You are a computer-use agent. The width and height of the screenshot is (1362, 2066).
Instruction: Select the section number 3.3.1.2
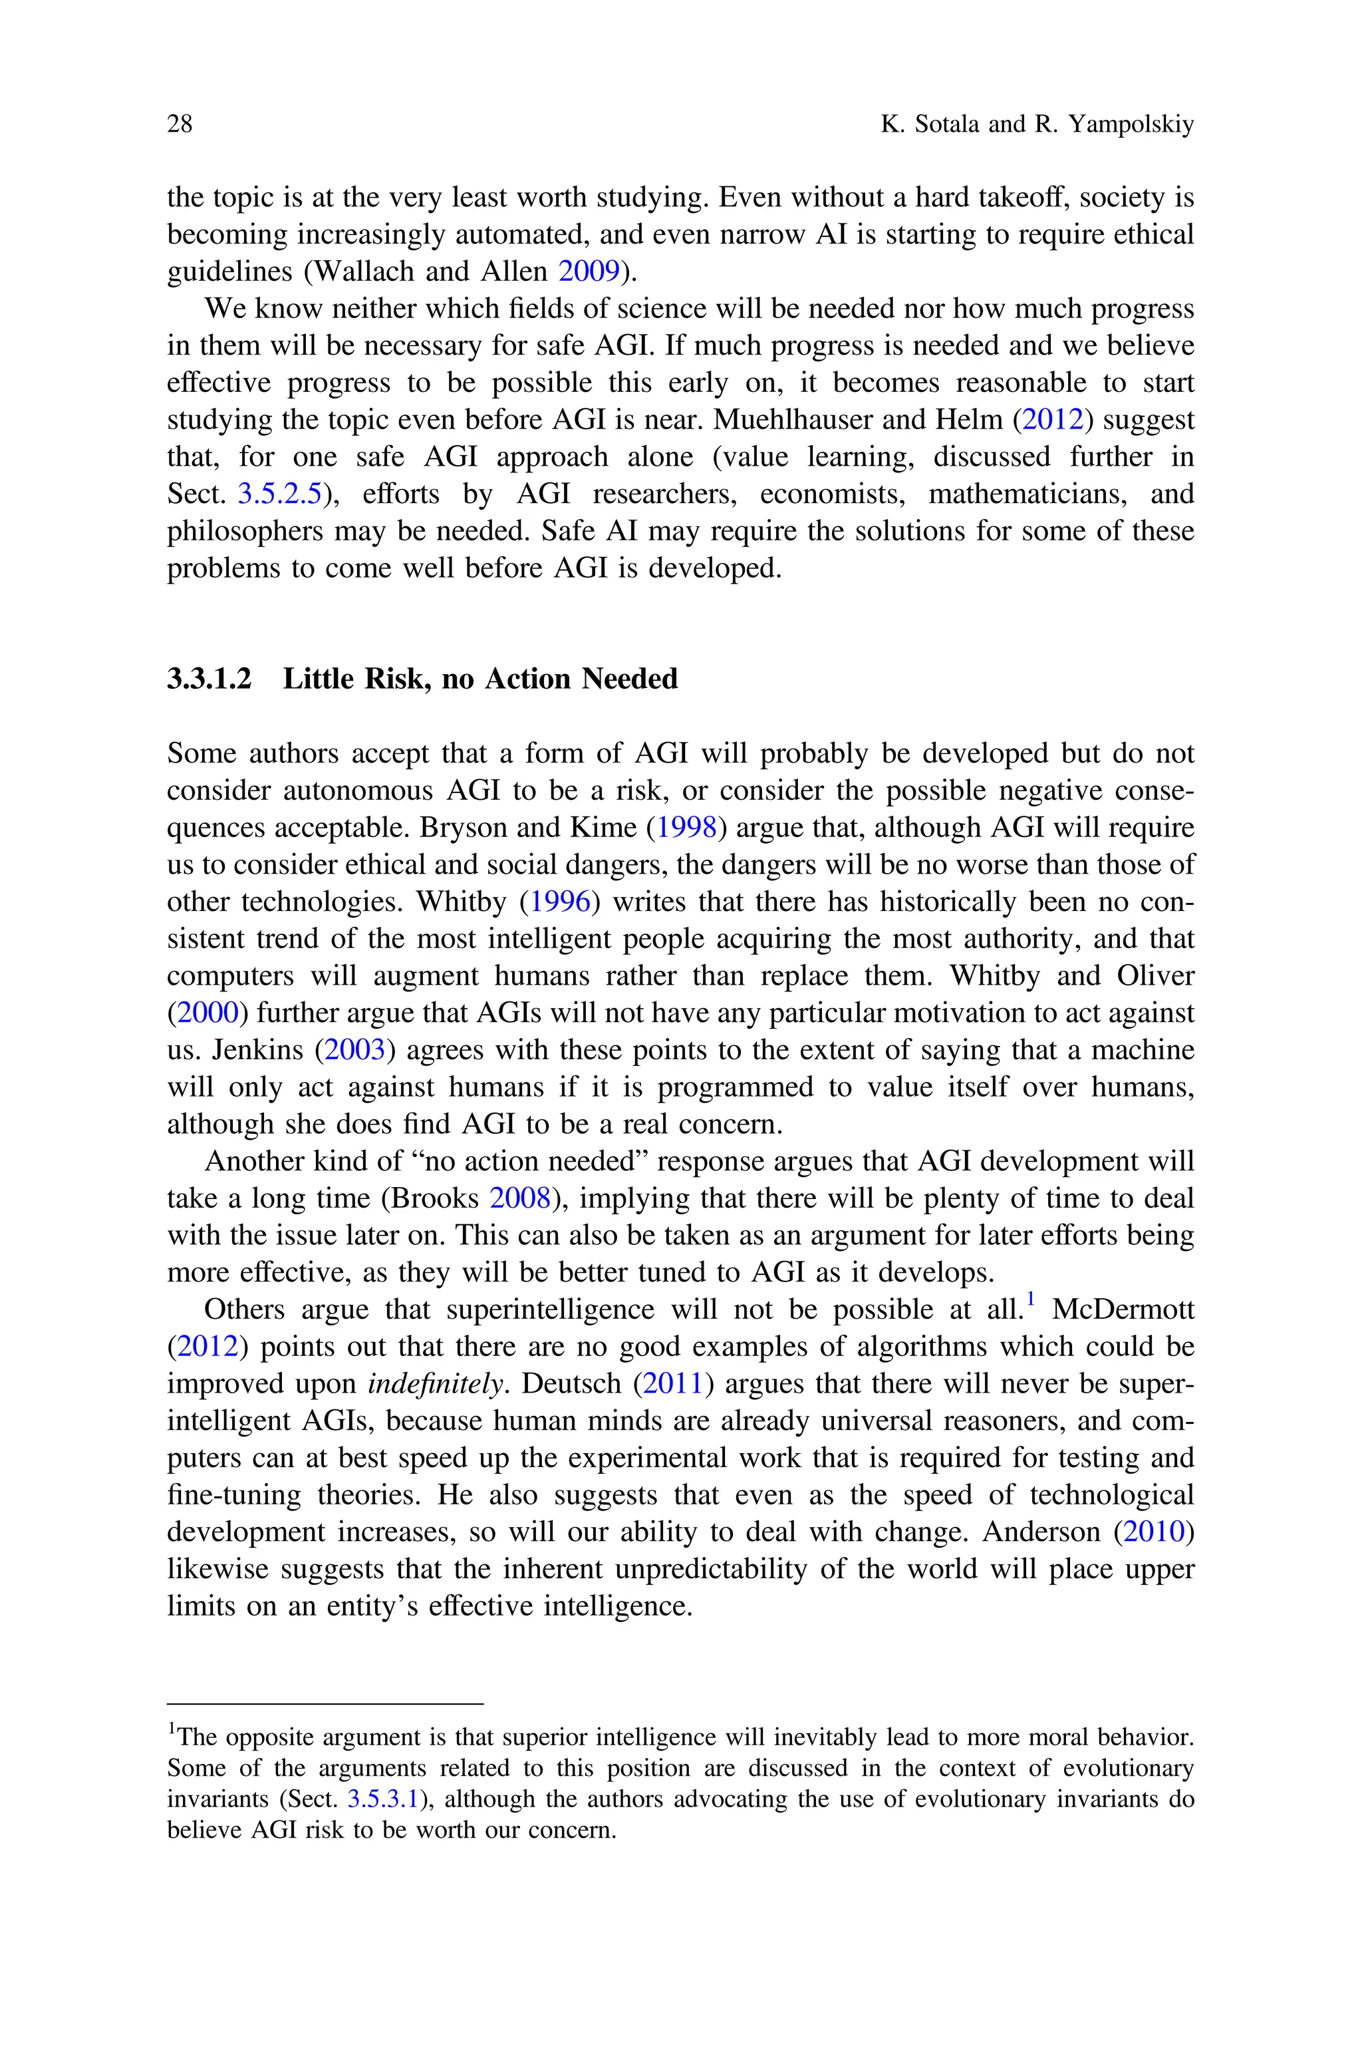209,679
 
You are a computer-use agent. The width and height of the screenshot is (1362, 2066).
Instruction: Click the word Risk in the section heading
392,679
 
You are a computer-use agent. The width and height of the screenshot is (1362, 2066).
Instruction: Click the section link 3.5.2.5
280,494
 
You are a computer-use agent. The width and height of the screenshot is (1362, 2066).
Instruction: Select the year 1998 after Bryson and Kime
686,828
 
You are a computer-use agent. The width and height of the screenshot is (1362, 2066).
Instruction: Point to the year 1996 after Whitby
559,902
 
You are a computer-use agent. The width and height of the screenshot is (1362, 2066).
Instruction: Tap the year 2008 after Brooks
520,1199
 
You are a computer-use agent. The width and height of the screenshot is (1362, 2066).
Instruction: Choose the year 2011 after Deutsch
672,1384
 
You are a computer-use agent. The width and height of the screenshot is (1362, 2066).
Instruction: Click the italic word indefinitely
435,1384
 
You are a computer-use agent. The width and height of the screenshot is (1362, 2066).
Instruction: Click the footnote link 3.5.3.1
383,1799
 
